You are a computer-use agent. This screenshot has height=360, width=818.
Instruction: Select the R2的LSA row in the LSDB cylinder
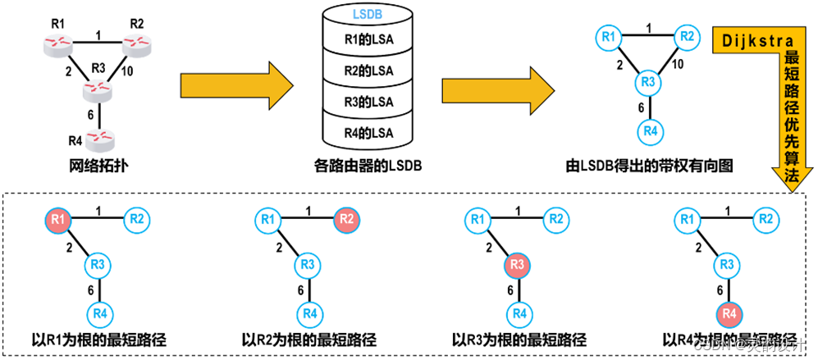coord(368,70)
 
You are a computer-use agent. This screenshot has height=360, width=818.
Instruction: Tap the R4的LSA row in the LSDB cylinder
coord(368,132)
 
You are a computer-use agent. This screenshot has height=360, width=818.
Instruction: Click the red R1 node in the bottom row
coord(57,219)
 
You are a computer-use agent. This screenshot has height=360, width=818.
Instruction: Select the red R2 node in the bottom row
coord(346,219)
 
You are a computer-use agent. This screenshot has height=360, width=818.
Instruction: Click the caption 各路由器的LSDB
coord(368,166)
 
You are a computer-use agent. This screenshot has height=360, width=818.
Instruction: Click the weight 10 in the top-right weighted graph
coord(679,64)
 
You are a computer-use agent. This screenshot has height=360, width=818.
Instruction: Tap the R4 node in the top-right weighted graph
coord(651,131)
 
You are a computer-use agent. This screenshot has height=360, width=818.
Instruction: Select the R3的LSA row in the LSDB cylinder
coord(368,101)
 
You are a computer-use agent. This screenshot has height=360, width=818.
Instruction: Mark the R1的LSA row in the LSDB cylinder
coord(368,39)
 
